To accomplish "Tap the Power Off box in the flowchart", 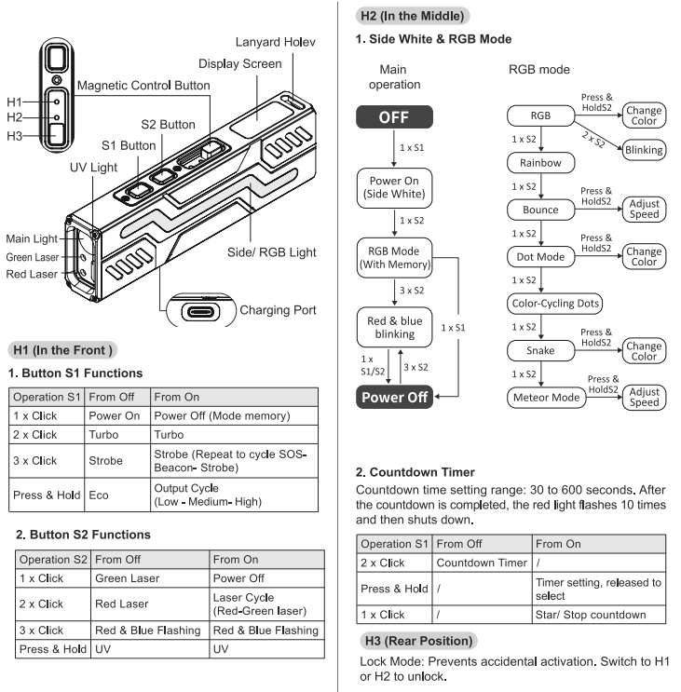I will point(394,397).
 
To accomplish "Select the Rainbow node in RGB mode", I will point(540,162).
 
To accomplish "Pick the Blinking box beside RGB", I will point(645,149).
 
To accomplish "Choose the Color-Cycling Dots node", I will point(555,304).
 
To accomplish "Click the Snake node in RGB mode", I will point(540,350).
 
